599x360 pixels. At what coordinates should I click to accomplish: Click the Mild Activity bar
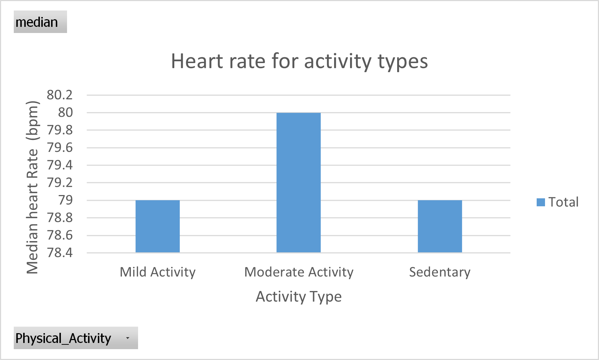click(158, 226)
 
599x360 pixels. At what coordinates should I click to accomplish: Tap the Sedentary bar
click(440, 226)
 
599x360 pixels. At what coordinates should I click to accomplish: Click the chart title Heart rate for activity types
click(299, 61)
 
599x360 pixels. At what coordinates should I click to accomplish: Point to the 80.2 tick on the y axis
click(60, 95)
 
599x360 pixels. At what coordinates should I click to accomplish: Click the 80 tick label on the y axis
click(66, 112)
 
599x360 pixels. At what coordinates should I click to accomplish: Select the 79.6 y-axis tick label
click(60, 148)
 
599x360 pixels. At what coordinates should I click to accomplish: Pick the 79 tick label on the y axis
click(66, 200)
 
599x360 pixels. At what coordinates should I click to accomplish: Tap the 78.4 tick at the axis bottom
click(60, 253)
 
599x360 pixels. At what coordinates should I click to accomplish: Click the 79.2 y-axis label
click(60, 182)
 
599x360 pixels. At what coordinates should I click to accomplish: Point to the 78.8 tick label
click(60, 218)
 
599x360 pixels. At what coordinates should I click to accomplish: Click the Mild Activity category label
click(158, 272)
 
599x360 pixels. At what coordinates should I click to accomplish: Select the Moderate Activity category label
click(299, 272)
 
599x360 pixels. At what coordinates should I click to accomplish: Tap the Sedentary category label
click(440, 272)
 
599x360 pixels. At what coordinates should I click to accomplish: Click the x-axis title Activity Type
click(299, 297)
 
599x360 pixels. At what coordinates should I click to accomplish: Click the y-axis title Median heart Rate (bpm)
click(33, 187)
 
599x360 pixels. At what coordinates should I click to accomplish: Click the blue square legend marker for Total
click(541, 202)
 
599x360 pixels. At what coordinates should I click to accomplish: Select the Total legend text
click(563, 202)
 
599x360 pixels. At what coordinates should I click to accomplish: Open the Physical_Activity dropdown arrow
click(128, 338)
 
